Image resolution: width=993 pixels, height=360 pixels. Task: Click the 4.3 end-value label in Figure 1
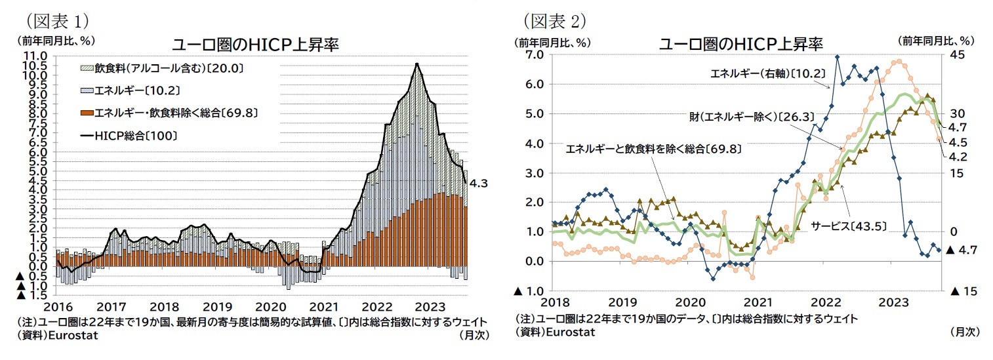pos(479,184)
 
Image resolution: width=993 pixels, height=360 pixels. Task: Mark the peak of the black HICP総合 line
pos(416,64)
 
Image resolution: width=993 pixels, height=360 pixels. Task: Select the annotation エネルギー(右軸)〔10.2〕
pos(767,73)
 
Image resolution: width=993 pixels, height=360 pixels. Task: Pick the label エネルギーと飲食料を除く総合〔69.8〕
pos(653,149)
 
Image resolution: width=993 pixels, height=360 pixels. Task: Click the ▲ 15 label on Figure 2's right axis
pos(962,291)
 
